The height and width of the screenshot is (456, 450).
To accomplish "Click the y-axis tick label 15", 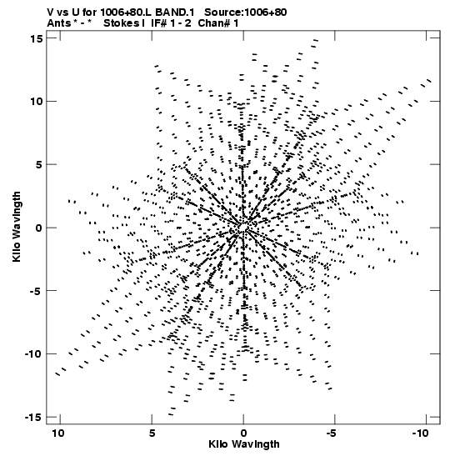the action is (x=37, y=38).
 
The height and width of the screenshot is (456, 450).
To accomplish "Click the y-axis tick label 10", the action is (x=37, y=102).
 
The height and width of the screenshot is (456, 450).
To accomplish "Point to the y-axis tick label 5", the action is (x=39, y=164).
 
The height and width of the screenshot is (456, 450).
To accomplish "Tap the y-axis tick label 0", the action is (x=39, y=228).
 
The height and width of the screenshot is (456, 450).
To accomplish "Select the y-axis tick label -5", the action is (x=37, y=291).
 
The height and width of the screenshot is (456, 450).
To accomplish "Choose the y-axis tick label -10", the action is (x=33, y=354).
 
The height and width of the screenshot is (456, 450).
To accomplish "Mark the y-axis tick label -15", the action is (x=33, y=418).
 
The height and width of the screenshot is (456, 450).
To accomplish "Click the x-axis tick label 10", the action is (x=58, y=433).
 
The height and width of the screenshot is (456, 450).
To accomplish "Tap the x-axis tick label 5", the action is (x=152, y=433).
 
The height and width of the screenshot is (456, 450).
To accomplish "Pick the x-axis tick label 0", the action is (x=243, y=433).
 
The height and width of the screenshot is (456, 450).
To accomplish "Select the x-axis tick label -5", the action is (x=332, y=433).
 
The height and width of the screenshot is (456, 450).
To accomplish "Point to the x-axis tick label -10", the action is (x=420, y=433).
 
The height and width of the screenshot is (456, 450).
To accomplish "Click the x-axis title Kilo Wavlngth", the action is (x=244, y=444).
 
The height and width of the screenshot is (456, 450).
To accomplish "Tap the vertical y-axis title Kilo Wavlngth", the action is (x=17, y=227).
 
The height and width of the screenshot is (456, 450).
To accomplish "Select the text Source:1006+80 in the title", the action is (x=246, y=13).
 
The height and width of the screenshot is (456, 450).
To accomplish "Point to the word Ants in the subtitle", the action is (x=58, y=23).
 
